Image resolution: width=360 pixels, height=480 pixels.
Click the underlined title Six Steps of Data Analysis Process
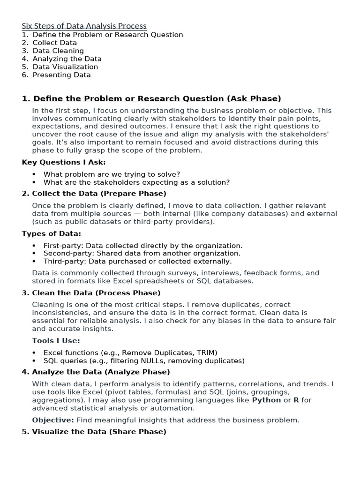click(84, 26)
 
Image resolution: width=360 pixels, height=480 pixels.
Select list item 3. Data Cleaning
click(53, 51)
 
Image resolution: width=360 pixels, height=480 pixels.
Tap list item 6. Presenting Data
click(56, 75)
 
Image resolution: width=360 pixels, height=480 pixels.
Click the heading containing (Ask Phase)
click(151, 98)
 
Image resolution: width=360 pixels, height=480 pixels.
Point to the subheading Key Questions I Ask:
click(64, 162)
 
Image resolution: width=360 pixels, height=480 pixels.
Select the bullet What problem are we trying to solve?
click(112, 174)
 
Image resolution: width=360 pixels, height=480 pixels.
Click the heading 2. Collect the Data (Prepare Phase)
click(94, 193)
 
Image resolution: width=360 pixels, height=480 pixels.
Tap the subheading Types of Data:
click(52, 233)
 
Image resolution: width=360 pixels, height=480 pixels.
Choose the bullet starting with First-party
click(143, 246)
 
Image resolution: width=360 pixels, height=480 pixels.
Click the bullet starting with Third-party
click(137, 262)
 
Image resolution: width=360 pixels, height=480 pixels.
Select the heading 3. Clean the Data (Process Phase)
click(91, 293)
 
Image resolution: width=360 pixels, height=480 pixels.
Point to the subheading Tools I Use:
click(56, 341)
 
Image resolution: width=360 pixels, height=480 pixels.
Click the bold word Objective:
click(53, 420)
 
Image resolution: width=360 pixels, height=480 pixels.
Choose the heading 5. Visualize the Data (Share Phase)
click(94, 432)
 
